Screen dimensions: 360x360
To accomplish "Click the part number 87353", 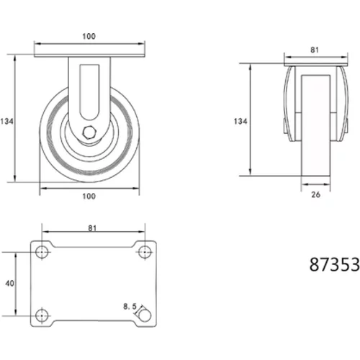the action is tap(334, 264).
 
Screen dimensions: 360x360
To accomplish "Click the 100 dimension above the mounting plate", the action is tap(89, 37).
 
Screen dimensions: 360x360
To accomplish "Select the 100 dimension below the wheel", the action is tap(89, 197).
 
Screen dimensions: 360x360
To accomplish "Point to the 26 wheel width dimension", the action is tap(315, 194).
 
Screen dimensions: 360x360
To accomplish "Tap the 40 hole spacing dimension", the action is tap(9, 284).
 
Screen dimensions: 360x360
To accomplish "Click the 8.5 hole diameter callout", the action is tap(130, 307).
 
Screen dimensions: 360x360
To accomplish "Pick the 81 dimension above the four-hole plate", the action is tap(92, 228).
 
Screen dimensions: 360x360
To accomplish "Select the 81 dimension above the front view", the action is tap(315, 50).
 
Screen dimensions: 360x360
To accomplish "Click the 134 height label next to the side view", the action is tap(240, 122).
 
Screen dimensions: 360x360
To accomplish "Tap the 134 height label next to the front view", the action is tap(6, 122).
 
